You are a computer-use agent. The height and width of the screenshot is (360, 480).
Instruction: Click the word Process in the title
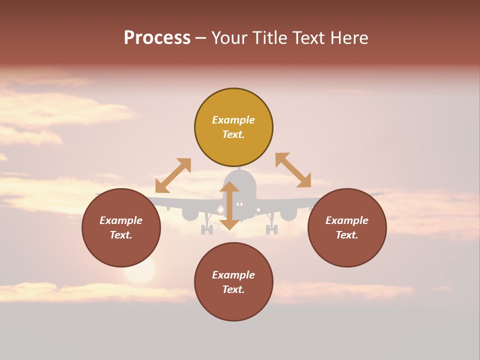tap(157, 38)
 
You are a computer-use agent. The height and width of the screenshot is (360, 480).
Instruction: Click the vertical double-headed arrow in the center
tap(229, 205)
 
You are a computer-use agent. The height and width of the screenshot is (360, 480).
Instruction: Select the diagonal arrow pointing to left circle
tap(173, 175)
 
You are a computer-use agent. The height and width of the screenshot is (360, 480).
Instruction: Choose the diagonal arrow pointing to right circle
tap(293, 170)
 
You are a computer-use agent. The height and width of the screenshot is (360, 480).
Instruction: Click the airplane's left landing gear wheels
tap(207, 229)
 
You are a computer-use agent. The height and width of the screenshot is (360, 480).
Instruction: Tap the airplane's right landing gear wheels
tap(271, 229)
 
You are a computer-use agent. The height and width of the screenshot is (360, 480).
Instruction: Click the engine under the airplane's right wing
tap(288, 214)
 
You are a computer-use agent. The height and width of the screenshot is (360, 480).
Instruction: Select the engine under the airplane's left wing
tap(190, 214)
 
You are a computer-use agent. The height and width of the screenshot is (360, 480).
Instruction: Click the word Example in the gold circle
tap(233, 120)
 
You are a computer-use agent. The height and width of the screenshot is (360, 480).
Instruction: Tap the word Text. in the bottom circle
tap(233, 289)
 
